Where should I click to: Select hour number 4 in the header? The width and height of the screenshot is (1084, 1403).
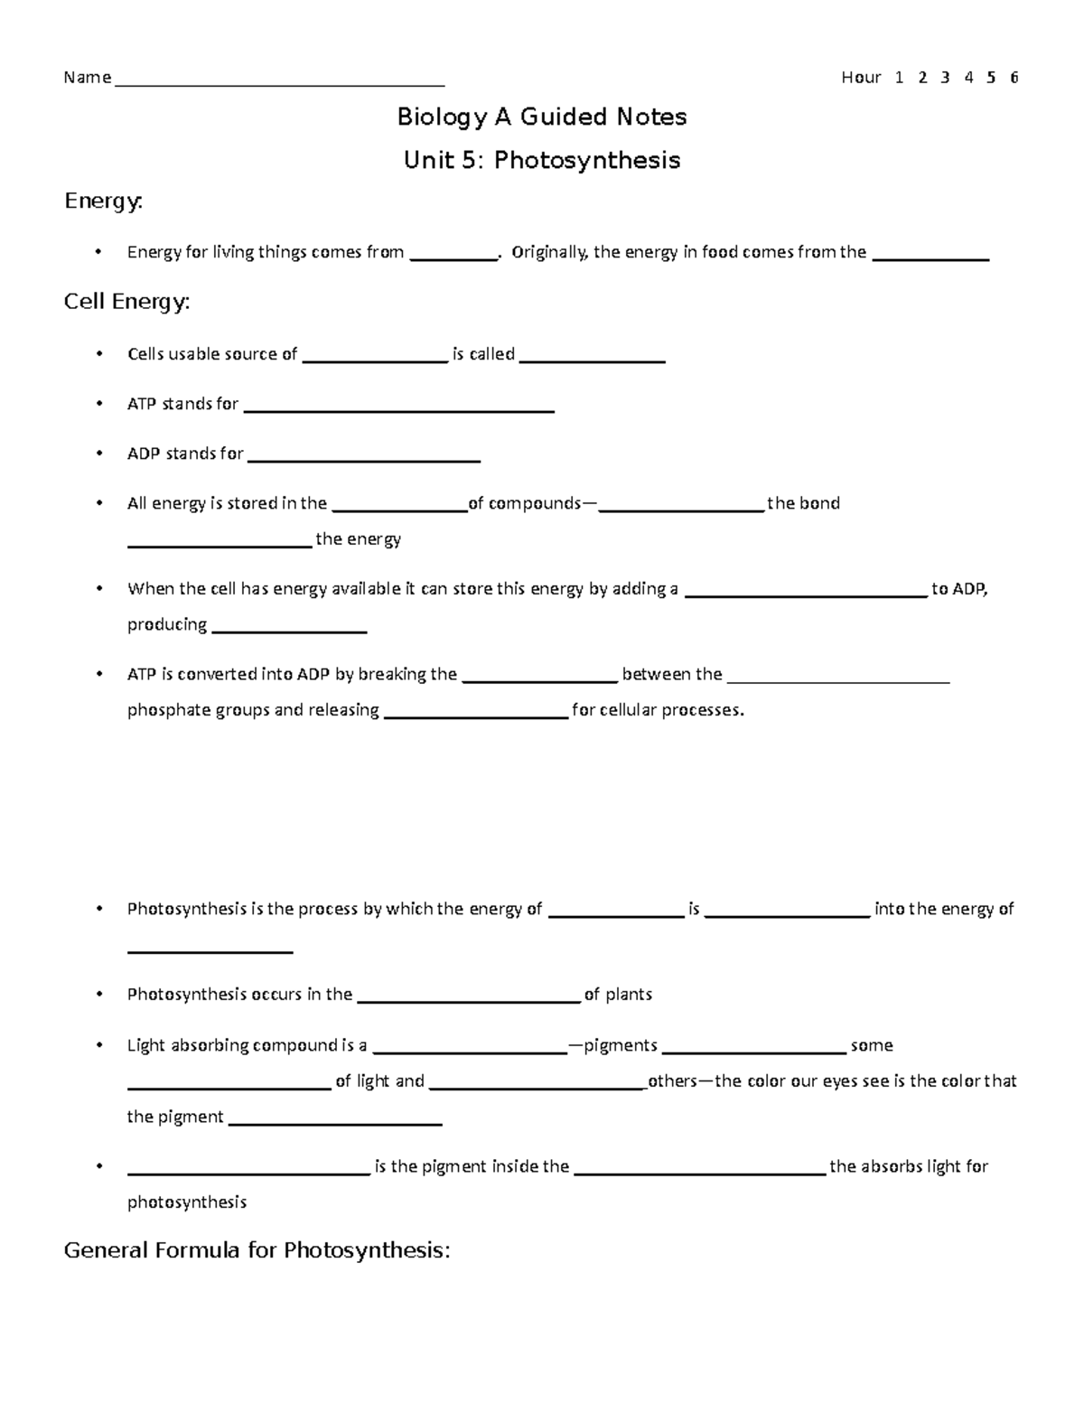point(968,78)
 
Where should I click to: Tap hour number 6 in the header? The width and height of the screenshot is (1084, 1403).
point(1014,78)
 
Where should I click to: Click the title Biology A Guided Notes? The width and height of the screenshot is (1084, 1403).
point(542,117)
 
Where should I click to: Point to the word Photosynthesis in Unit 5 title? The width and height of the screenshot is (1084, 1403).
point(587,161)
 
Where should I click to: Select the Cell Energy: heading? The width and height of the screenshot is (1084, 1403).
point(126,302)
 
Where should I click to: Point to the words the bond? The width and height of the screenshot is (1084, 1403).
point(803,503)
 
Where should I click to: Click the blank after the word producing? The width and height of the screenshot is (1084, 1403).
point(288,630)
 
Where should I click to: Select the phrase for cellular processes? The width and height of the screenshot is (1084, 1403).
point(658,710)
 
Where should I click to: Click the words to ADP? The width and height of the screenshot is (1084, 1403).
point(959,589)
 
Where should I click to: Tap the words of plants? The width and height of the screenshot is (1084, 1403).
point(618,995)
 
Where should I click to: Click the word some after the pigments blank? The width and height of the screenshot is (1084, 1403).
point(871,1045)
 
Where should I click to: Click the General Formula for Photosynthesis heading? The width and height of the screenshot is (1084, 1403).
point(257,1250)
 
